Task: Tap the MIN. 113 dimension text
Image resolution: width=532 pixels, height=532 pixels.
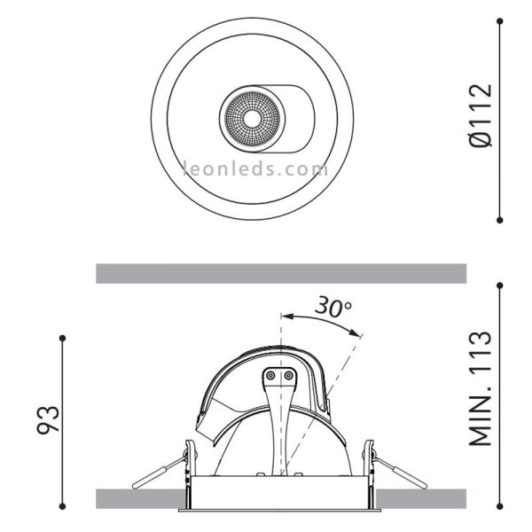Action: pos(480,388)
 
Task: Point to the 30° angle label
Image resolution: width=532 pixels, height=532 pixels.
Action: pos(332,308)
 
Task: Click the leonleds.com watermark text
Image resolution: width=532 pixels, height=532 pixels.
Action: pos(254,167)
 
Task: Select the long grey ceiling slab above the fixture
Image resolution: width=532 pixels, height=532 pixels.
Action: pos(281,273)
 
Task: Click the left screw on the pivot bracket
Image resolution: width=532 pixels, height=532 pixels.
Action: pos(270,376)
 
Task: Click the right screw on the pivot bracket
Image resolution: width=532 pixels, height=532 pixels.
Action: pos(289,376)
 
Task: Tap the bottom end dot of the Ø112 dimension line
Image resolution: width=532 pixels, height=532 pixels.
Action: pos(500,219)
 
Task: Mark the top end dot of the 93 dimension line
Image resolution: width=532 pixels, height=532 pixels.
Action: pos(62,338)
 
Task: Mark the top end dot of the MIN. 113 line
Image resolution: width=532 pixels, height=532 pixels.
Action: pos(500,286)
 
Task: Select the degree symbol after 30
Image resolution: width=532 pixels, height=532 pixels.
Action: pos(348,304)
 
